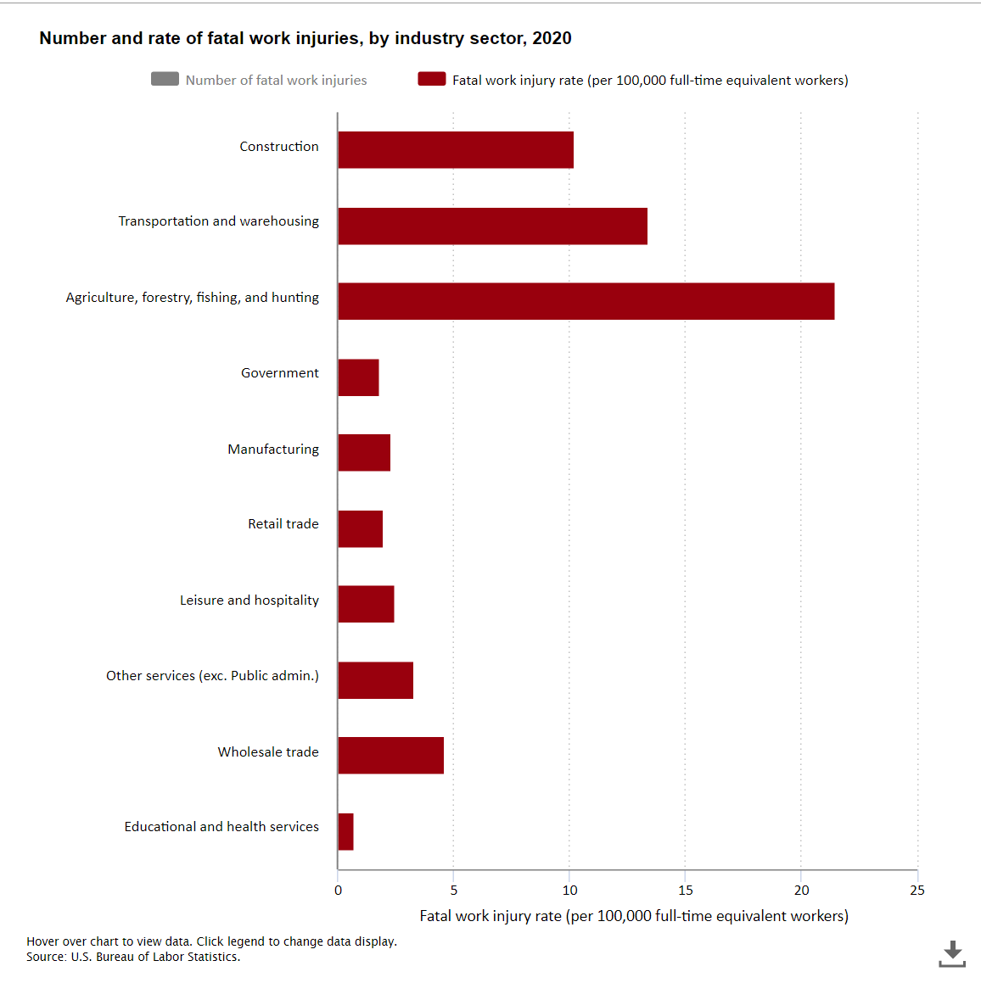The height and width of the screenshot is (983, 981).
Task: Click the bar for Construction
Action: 456,150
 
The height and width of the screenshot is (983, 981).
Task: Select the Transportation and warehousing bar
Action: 492,226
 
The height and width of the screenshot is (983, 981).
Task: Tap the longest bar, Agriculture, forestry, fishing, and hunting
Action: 586,301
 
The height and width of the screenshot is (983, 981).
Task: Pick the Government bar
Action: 358,377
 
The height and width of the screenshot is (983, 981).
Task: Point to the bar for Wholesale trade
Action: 390,756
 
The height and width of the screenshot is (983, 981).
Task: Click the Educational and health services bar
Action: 345,832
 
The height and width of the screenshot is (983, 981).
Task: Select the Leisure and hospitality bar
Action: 366,604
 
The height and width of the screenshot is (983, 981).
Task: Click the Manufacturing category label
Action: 273,450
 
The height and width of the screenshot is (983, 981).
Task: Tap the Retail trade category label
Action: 283,524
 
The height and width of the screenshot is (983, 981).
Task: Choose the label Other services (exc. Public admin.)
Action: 212,676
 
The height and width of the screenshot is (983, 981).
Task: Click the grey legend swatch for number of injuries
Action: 165,79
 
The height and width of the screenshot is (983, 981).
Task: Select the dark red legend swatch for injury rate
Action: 432,79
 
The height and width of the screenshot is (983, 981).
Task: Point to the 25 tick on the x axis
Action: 917,891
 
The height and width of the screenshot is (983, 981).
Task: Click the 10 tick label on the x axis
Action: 569,891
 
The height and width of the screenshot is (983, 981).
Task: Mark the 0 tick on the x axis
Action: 338,891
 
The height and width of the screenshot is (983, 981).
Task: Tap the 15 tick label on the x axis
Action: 686,891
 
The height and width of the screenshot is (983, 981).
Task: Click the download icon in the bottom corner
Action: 952,953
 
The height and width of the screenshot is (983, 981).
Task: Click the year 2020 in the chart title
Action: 552,38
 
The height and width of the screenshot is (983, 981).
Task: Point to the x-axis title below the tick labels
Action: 634,916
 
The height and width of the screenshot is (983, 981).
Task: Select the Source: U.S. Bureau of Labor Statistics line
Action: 133,957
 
